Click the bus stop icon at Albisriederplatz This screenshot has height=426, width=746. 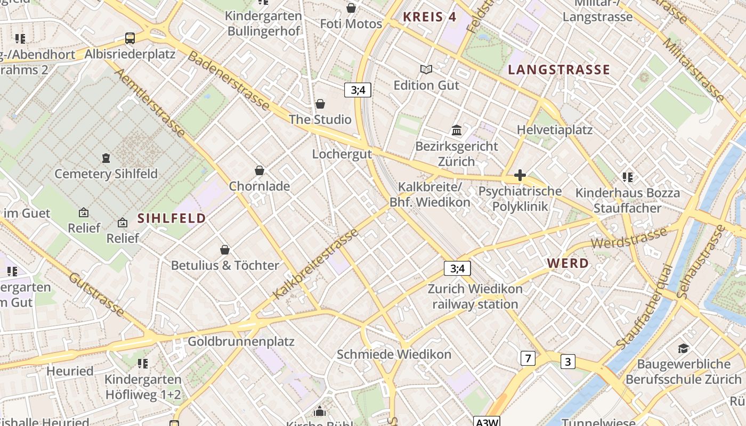pos(129,38)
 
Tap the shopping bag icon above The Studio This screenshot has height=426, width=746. pos(320,104)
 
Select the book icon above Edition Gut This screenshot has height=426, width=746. pos(426,69)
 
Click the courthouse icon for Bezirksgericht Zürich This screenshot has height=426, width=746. pos(457,130)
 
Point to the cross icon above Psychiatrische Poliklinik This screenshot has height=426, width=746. pos(520,175)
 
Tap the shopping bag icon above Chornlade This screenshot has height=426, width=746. pos(260,170)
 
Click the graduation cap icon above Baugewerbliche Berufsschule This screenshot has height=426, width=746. pos(683,349)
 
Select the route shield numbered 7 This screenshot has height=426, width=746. pos(528,358)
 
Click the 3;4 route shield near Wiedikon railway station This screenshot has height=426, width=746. pos(457,268)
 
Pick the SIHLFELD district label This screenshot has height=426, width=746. pos(172,218)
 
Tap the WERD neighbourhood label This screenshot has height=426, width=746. pos(568,263)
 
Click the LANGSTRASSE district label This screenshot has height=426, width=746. pos(559,70)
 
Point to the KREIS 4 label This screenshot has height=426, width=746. pos(429,17)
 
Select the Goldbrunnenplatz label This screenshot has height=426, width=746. pos(241,341)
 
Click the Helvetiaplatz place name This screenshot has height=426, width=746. pos(555,129)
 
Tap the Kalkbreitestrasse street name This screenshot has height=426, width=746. pos(315,265)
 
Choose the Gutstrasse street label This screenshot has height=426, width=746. pos(97,294)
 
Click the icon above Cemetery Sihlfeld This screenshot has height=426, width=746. pos(106,158)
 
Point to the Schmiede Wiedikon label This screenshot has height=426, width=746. pos(394,354)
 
